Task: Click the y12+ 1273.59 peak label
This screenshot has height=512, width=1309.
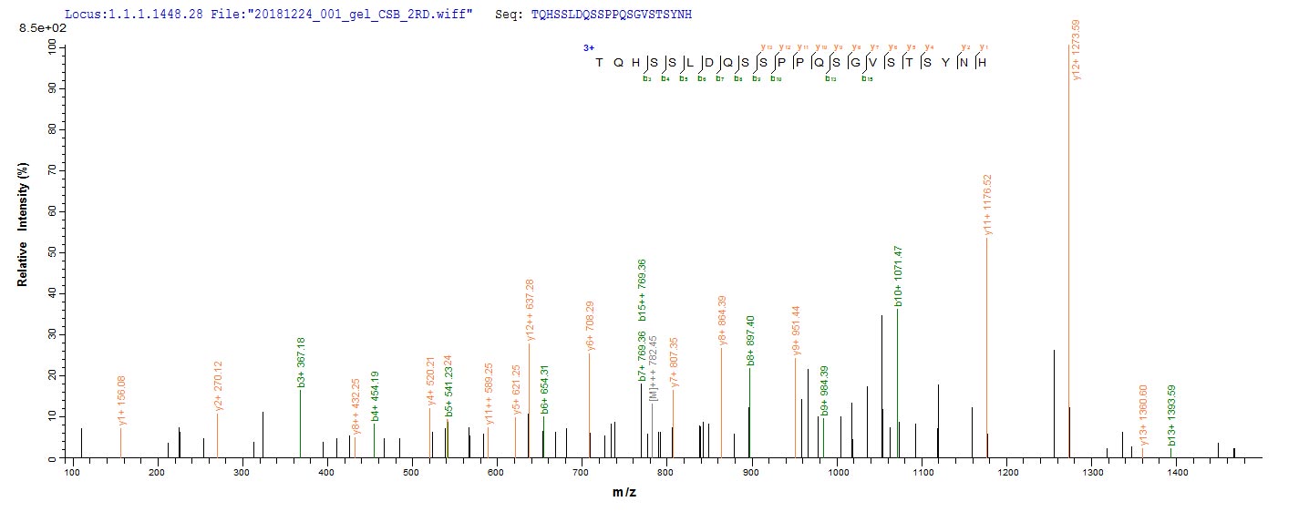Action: (x=1077, y=50)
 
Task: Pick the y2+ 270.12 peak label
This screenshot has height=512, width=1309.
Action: (x=218, y=385)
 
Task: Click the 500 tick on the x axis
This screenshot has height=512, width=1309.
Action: (x=412, y=471)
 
